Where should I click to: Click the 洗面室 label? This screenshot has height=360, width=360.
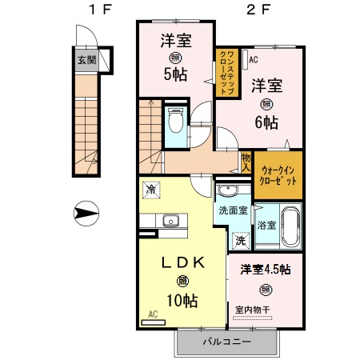(234, 211)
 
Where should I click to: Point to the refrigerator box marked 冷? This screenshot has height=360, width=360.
(151, 190)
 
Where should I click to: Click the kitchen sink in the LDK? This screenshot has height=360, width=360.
(170, 221)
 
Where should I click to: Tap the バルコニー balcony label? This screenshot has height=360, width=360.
(226, 342)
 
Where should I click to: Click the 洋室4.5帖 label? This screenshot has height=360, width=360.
(265, 270)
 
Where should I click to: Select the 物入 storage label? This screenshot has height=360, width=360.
(246, 162)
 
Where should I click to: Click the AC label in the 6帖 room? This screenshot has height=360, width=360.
(253, 59)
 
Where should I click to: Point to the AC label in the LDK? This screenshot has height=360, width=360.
(154, 315)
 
